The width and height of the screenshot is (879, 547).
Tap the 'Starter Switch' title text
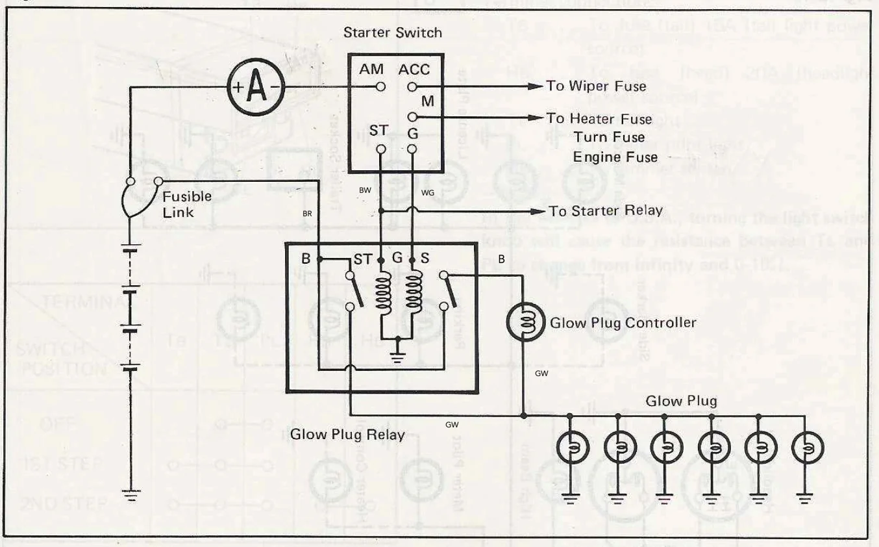tap(392, 32)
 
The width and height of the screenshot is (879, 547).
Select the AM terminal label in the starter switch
tap(371, 70)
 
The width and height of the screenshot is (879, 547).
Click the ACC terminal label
tap(414, 70)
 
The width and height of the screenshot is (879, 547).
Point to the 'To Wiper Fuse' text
tap(596, 86)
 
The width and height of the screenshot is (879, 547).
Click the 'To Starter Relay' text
tap(605, 211)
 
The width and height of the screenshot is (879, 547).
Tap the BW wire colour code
tap(365, 190)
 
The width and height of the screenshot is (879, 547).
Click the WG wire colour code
tap(427, 193)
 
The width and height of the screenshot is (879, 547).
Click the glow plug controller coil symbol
tap(525, 320)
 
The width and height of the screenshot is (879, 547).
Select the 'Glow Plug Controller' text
tap(623, 323)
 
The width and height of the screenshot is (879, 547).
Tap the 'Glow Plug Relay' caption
tap(347, 435)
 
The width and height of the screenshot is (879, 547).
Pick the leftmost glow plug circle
tap(571, 447)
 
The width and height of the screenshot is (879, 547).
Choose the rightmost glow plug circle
tap(807, 447)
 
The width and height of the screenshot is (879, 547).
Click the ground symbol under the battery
tap(131, 497)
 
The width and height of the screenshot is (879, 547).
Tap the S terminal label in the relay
tap(425, 258)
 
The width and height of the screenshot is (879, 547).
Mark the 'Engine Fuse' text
tap(615, 157)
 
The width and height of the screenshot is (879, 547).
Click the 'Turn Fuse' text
tap(609, 137)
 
